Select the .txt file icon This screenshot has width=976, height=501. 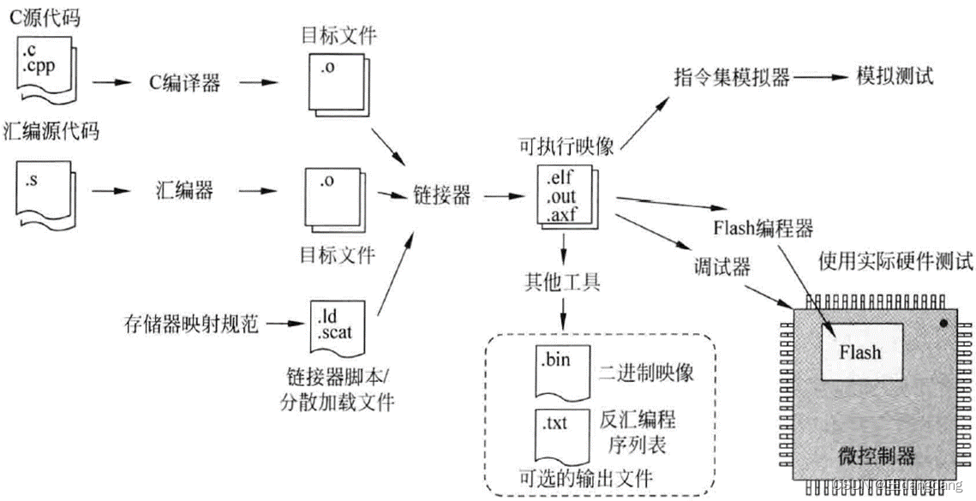tap(558, 432)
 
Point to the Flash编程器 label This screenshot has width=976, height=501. tap(762, 229)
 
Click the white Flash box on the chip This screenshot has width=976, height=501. tap(859, 351)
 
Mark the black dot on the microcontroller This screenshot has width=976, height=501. tap(943, 325)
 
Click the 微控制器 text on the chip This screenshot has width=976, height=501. tap(865, 452)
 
